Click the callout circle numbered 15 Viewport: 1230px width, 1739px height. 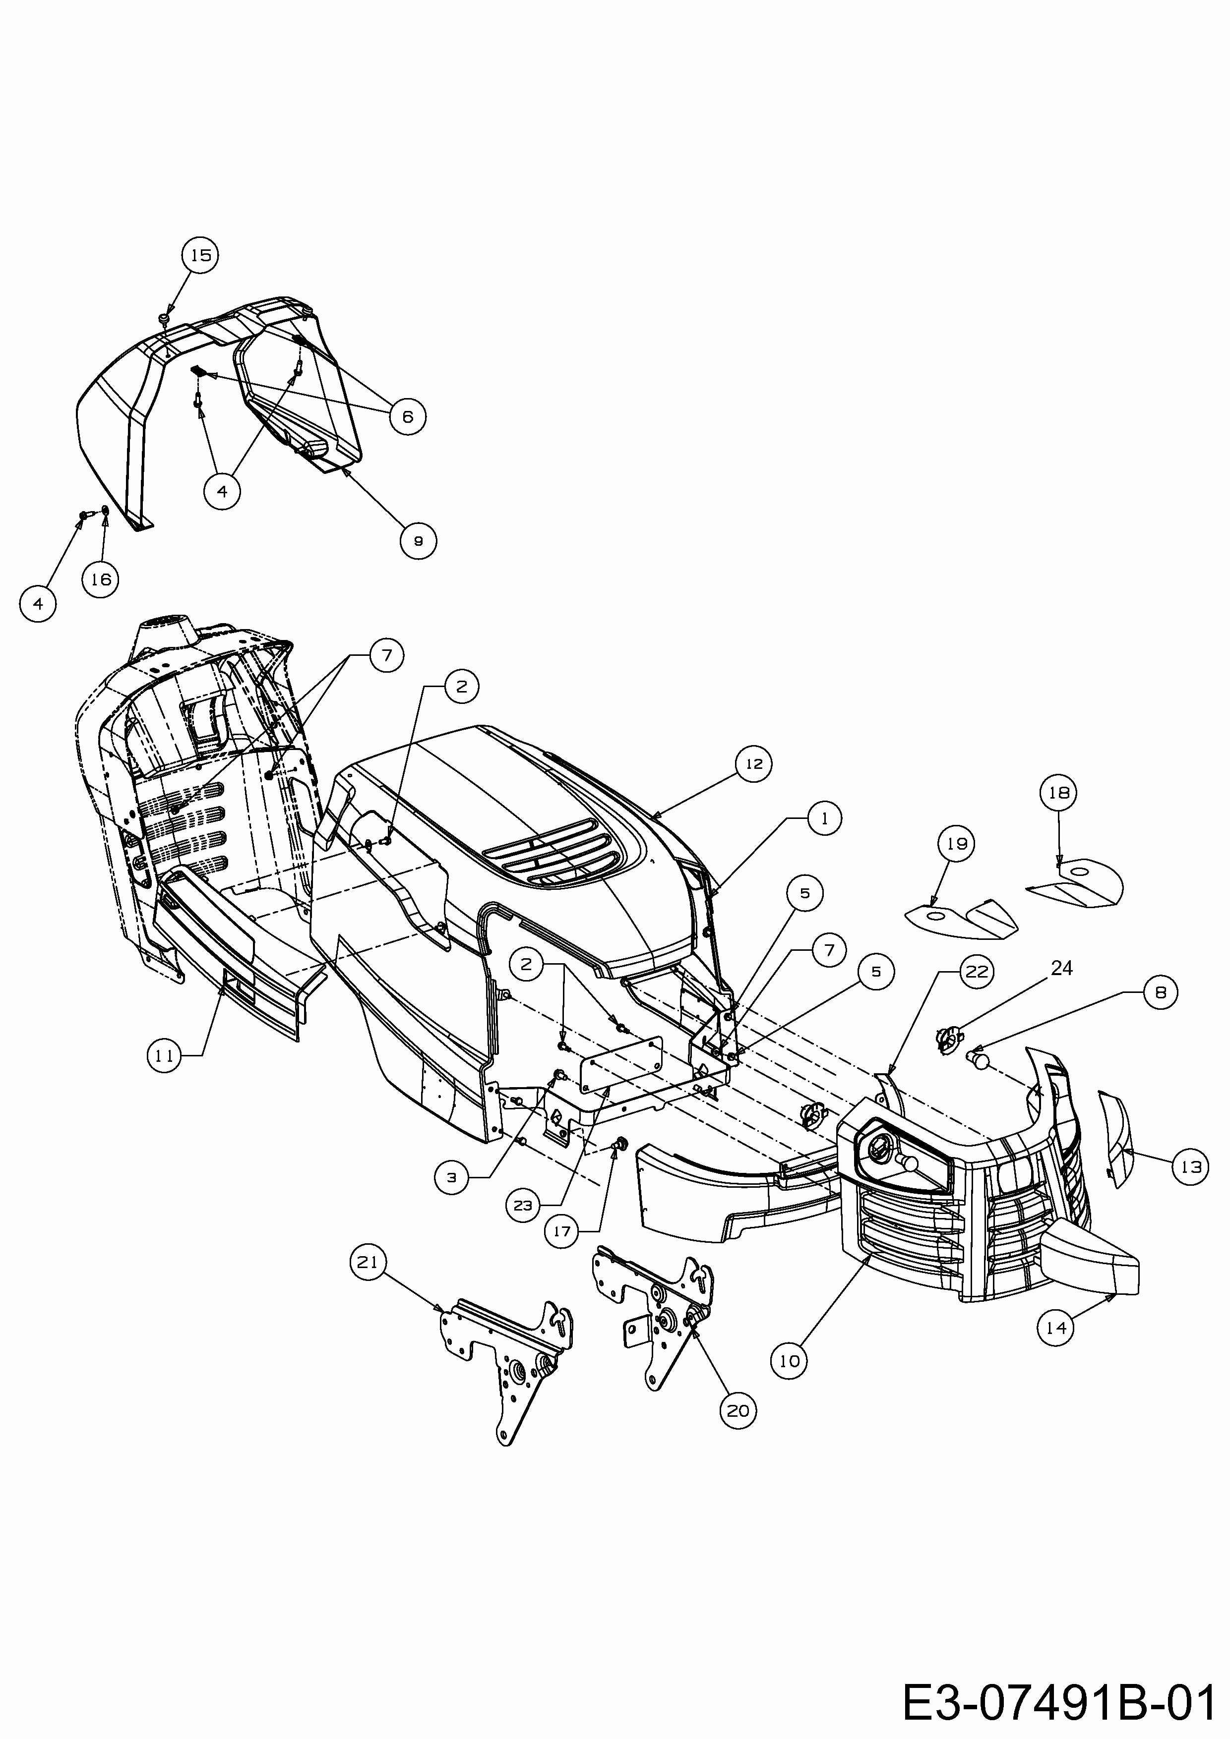[x=201, y=255]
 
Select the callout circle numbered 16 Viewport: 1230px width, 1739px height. [x=101, y=580]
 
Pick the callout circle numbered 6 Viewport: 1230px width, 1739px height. [x=408, y=416]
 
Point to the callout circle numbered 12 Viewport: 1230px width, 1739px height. [x=753, y=764]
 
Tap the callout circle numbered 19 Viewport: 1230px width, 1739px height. [x=957, y=843]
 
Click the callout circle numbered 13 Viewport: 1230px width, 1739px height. [x=1191, y=1167]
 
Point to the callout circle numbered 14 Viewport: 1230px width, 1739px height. [x=1056, y=1327]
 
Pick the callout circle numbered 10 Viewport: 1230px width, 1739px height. [x=790, y=1361]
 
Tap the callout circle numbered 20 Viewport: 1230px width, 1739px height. [x=738, y=1410]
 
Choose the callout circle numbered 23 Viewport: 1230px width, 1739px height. [x=524, y=1205]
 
